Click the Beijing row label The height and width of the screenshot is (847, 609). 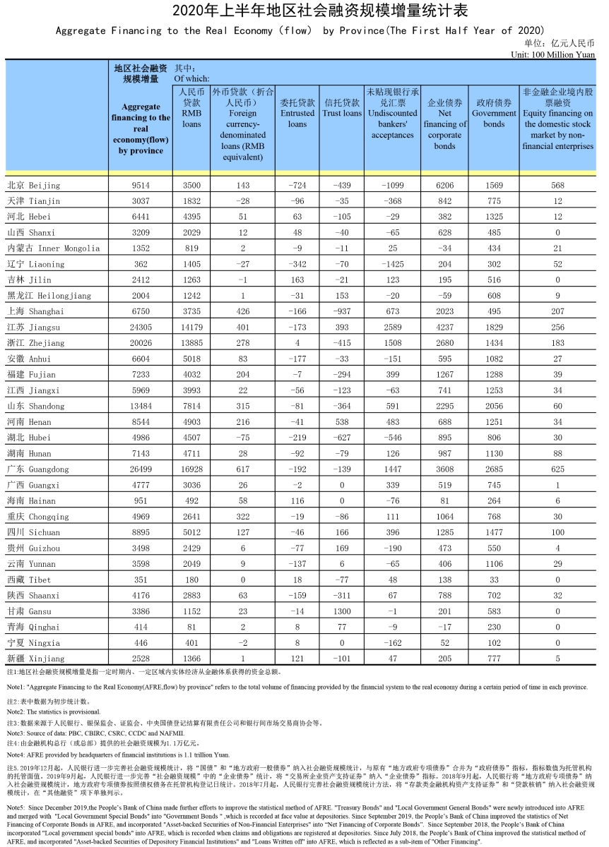tap(33, 185)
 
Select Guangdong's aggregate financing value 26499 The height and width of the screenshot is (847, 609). tap(141, 469)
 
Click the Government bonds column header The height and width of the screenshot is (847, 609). tap(494, 113)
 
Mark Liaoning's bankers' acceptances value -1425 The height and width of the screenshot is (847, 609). tap(392, 264)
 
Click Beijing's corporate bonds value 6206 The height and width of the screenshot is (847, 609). tap(444, 185)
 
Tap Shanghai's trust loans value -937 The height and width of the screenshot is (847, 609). tap(342, 311)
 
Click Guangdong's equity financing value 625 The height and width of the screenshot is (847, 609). tap(557, 469)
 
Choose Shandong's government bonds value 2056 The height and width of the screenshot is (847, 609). tap(494, 406)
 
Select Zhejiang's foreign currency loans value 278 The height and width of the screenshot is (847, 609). tap(243, 343)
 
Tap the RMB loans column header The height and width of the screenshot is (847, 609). tap(191, 107)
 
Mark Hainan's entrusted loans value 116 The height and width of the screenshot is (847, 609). tap(297, 500)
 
